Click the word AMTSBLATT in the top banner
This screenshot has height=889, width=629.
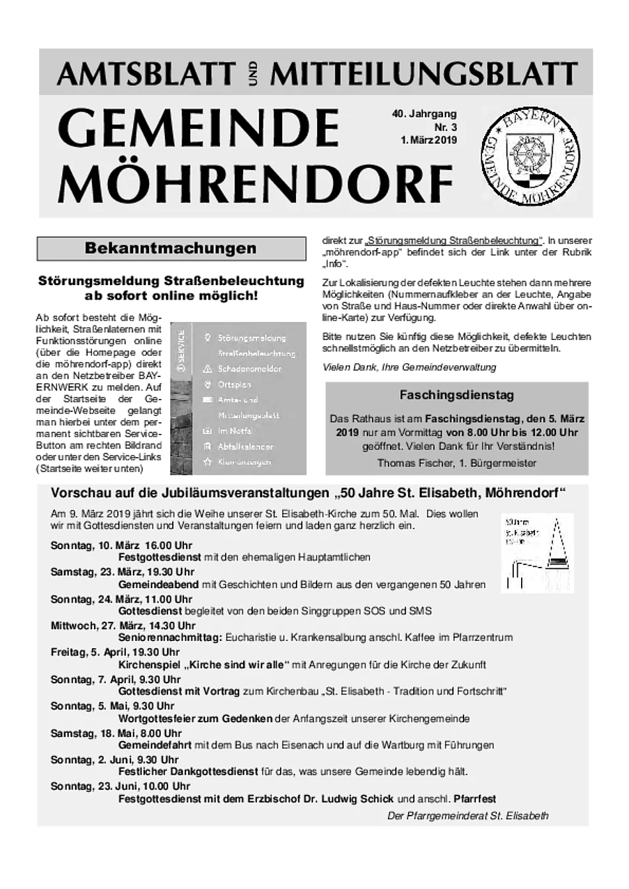146,73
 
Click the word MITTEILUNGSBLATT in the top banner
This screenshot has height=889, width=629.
424,73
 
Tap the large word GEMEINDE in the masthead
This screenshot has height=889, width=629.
199,128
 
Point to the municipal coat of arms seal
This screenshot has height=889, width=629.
530,157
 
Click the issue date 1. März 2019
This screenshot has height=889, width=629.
428,140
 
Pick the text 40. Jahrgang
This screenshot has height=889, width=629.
424,114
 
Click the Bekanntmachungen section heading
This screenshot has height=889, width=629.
170,249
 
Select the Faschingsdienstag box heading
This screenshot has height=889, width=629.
457,395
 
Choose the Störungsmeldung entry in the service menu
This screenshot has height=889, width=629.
252,338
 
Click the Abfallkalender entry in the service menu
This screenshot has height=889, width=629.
245,446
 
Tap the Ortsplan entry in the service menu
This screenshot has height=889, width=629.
234,384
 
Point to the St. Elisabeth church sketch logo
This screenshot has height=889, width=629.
537,552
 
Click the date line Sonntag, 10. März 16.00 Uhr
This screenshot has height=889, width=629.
121,546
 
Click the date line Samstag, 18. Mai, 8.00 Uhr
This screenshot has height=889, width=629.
116,733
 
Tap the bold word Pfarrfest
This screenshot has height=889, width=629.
475,799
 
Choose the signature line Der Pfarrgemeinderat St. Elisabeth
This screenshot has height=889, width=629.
467,816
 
